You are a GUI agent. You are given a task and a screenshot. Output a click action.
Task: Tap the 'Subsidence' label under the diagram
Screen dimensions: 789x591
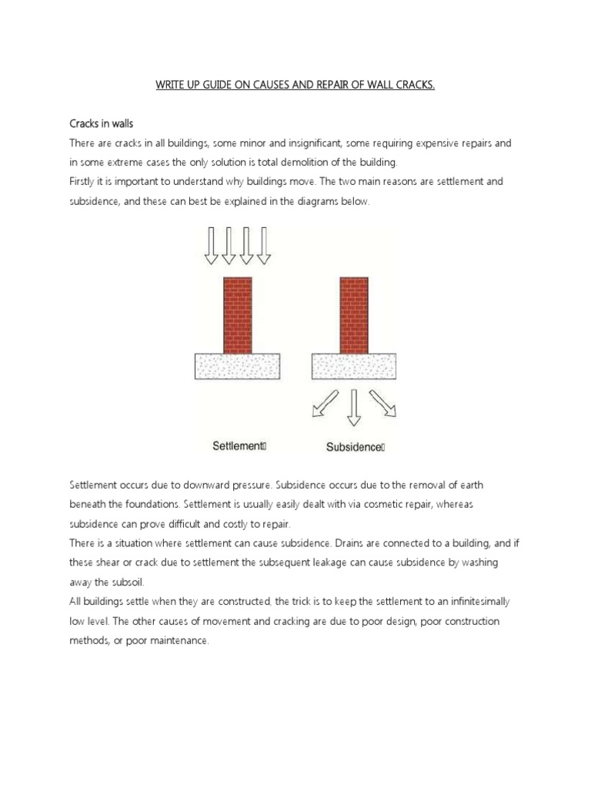353,446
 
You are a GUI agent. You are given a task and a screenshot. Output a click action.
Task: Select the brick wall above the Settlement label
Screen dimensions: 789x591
237,314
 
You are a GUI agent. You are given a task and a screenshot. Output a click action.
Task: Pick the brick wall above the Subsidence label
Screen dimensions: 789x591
354,314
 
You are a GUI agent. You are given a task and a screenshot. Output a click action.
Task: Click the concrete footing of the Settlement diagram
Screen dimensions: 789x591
236,365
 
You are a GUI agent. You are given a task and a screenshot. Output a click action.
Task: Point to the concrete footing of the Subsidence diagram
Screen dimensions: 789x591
353,365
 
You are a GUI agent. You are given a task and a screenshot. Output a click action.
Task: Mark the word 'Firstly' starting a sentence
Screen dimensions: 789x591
85,183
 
